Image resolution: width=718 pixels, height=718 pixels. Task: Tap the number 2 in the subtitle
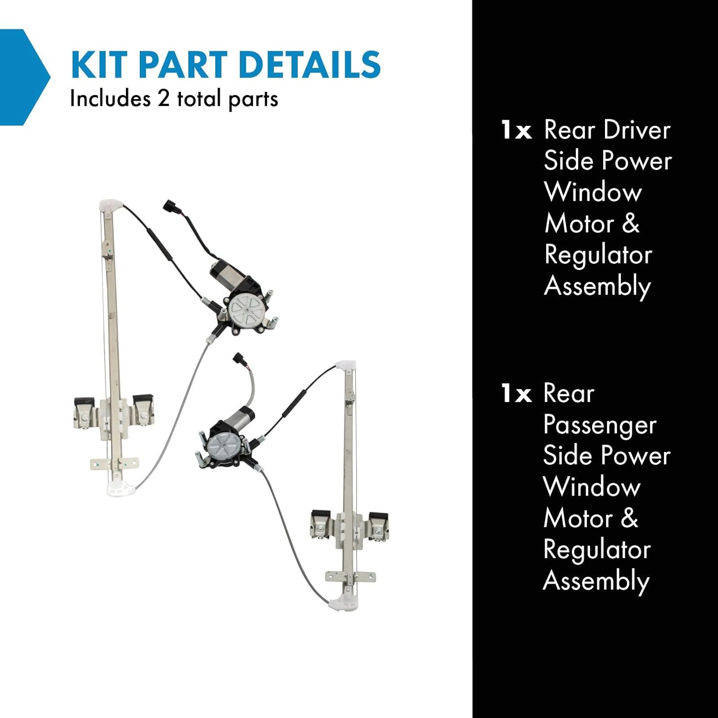[163, 99]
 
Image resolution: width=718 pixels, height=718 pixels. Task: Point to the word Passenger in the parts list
[599, 425]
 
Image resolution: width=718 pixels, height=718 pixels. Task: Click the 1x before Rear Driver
[516, 130]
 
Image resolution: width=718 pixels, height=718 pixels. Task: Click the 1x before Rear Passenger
[516, 394]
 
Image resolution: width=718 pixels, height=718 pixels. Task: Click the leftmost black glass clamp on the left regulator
[83, 402]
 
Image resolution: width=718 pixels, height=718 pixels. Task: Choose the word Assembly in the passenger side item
[596, 581]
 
